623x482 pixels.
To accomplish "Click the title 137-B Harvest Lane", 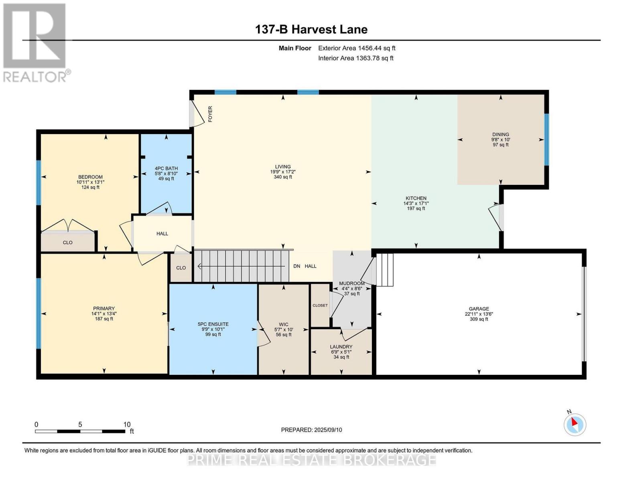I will tap(311, 29).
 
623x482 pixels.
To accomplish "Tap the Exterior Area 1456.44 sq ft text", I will tap(357, 48).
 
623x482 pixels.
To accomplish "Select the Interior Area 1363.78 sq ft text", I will tap(355, 58).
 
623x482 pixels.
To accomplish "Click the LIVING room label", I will tap(282, 167).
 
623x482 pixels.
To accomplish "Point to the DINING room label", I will tap(500, 135).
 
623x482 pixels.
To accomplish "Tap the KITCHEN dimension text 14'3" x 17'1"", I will tap(416, 203).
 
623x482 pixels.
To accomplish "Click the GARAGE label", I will tap(479, 309).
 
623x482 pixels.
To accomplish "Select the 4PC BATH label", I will tap(166, 168).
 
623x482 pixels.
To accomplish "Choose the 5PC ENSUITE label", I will tap(213, 324).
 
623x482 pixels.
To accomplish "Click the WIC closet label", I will tap(284, 325).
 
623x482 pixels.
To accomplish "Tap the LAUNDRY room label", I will tap(341, 347).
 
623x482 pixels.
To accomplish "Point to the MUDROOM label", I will tap(351, 283).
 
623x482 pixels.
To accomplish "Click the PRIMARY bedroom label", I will tap(104, 308).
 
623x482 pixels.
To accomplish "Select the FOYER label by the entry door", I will tap(210, 114).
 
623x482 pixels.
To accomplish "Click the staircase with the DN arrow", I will tap(241, 266).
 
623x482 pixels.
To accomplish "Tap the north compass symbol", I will tap(575, 424).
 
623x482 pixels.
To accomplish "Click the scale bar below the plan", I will tap(80, 431).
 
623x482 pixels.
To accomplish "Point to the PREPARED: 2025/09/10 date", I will tap(311, 430).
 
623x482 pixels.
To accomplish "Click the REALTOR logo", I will tap(34, 43).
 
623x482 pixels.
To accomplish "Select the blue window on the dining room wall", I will tap(546, 140).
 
